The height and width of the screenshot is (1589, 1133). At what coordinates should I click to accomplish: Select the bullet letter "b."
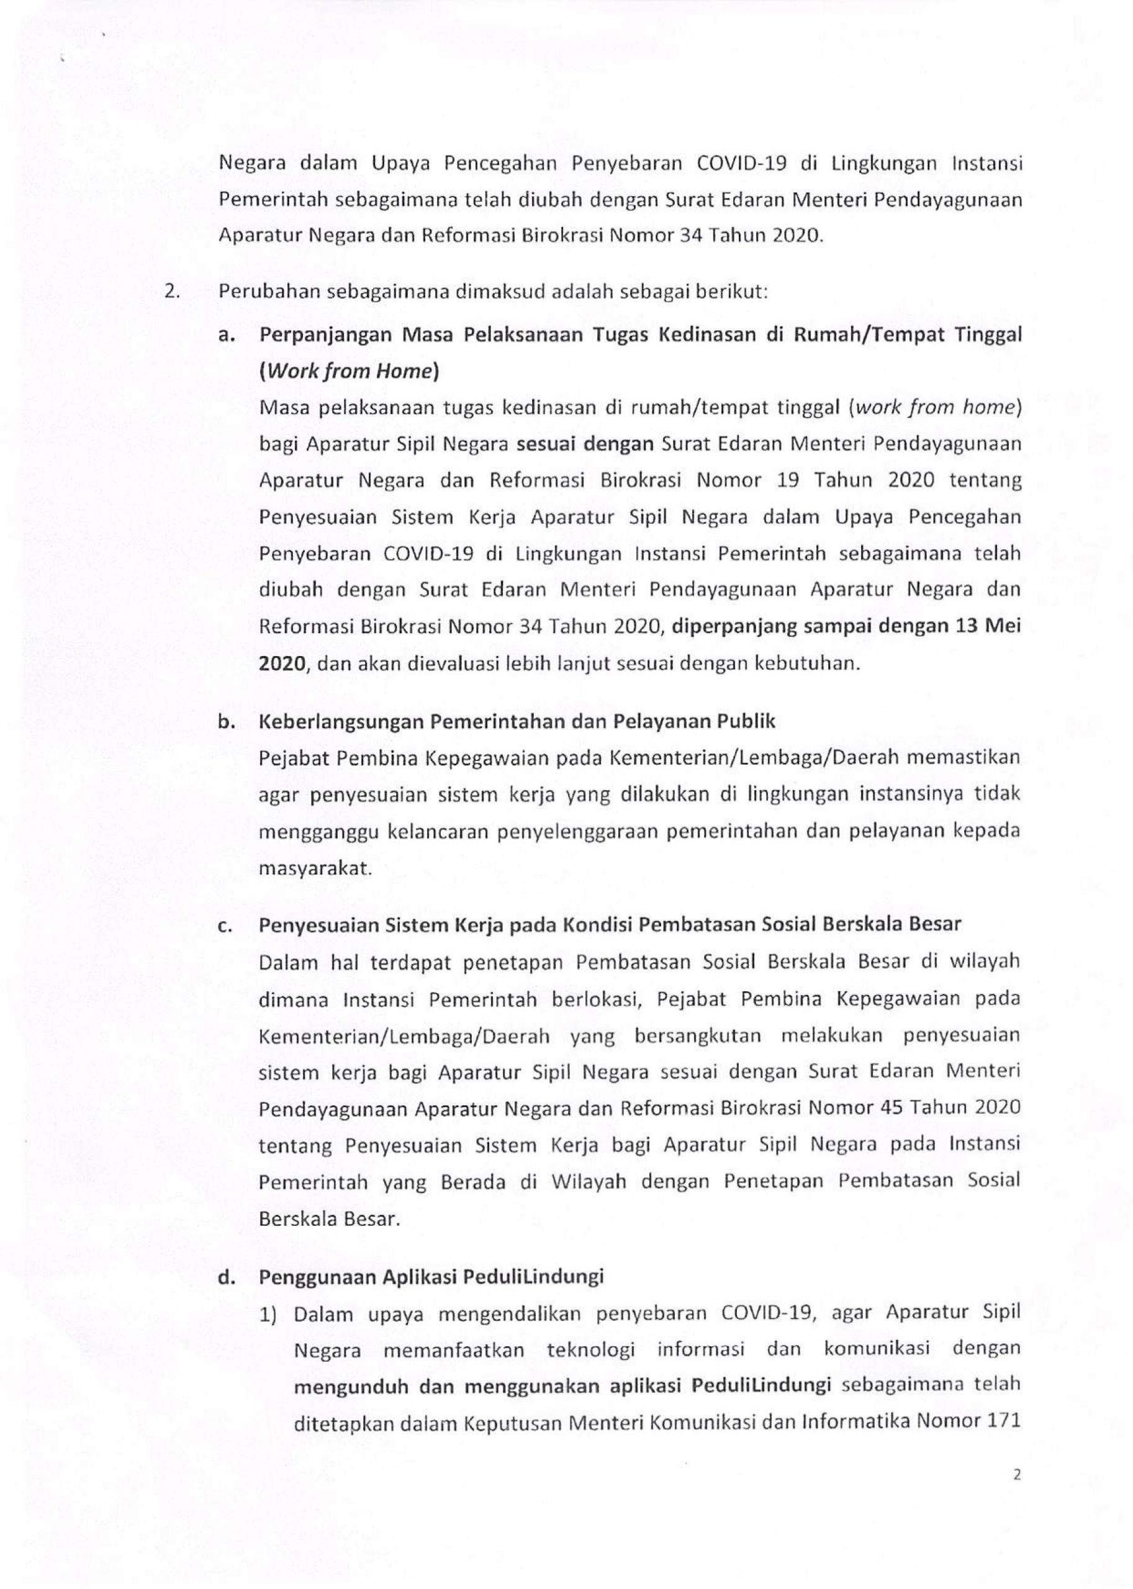[225, 721]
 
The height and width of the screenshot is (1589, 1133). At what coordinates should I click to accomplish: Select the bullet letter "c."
[225, 925]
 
